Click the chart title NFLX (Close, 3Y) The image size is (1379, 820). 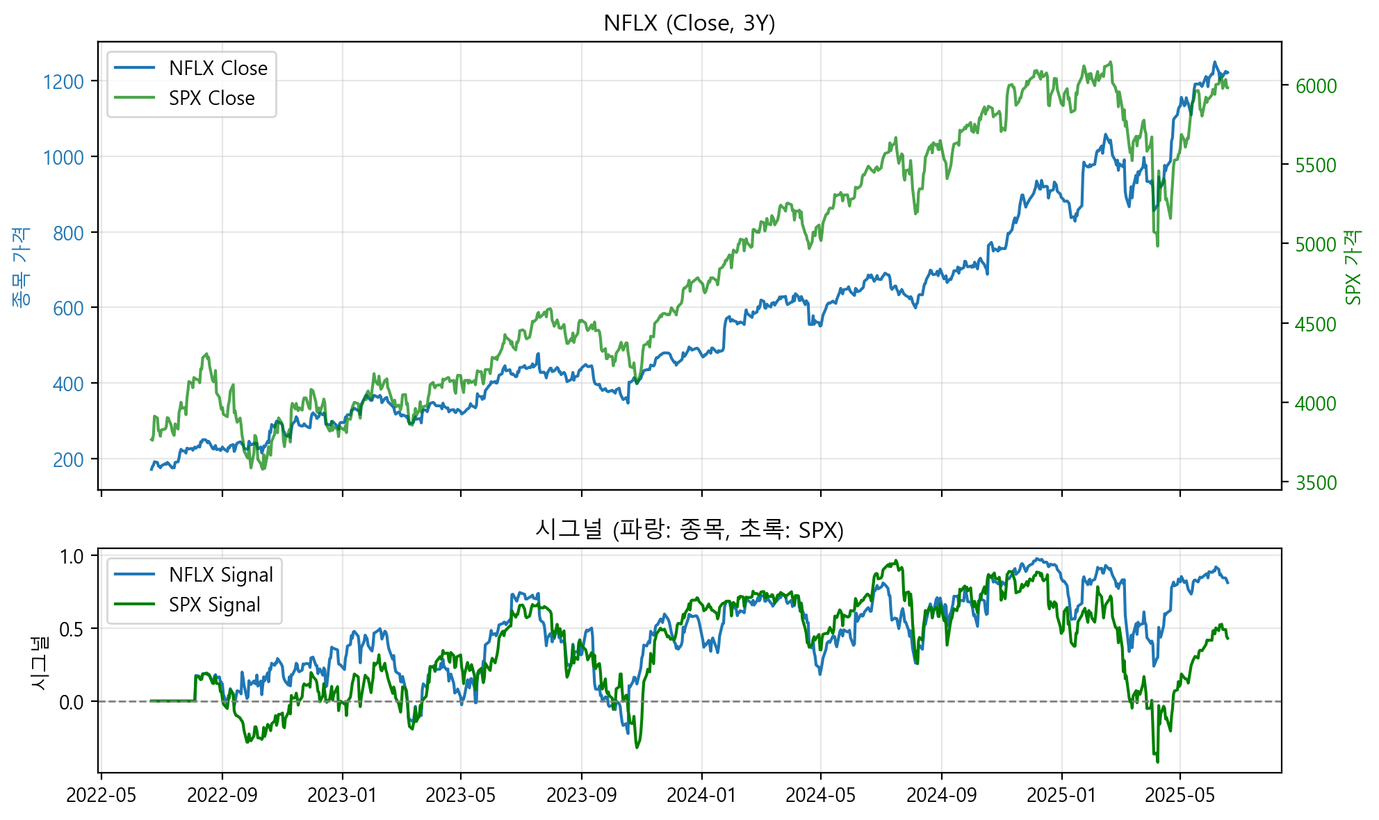[x=689, y=24]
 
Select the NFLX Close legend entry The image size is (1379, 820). [x=218, y=68]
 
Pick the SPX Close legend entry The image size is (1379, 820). [x=211, y=98]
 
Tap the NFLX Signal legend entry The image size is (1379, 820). [x=220, y=575]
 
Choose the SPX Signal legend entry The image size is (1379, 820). [x=214, y=605]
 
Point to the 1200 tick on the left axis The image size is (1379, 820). [x=63, y=82]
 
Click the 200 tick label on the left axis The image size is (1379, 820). [x=68, y=459]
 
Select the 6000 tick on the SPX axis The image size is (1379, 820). [x=1316, y=86]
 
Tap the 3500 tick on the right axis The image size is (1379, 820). [x=1316, y=483]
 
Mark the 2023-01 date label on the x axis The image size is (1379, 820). [x=342, y=795]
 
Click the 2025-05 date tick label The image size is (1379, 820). [x=1180, y=795]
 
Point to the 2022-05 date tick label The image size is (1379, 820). [x=101, y=795]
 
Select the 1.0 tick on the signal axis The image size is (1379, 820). [x=72, y=556]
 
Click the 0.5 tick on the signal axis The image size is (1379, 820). [x=72, y=629]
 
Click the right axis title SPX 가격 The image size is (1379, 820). [x=1353, y=268]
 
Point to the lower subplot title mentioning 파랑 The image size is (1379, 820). [x=689, y=530]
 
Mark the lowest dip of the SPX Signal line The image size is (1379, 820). [x=1157, y=762]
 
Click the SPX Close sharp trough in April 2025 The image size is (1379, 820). [x=1157, y=245]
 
